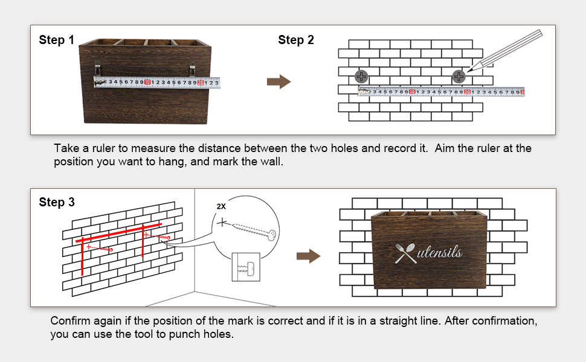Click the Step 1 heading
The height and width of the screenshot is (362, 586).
(56, 40)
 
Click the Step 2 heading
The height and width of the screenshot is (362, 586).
(296, 40)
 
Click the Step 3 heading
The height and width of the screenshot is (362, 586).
(57, 203)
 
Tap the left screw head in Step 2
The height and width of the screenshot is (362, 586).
(361, 77)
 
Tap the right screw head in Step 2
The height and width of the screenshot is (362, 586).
(459, 77)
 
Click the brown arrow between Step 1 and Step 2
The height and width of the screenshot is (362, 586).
(279, 82)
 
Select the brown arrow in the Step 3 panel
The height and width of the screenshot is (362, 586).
(308, 256)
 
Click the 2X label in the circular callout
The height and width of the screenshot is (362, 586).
(221, 206)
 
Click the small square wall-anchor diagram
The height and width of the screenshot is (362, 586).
(246, 266)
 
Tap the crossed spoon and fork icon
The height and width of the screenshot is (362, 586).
(405, 253)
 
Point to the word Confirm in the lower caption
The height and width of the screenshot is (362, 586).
(69, 320)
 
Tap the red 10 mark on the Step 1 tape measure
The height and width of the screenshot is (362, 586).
(147, 82)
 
